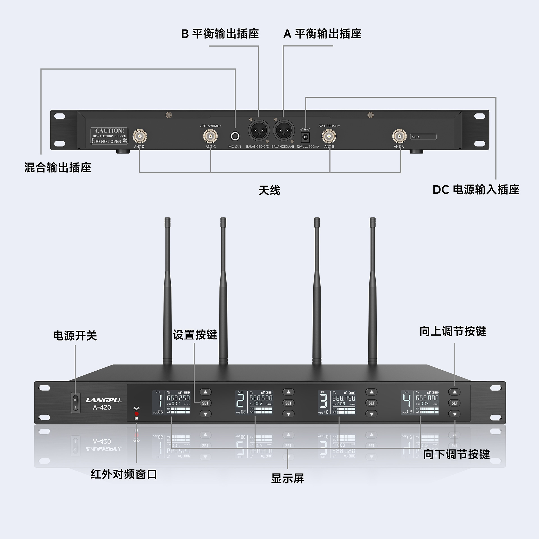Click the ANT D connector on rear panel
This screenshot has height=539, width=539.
click(x=140, y=137)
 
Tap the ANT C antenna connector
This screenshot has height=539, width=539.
click(x=210, y=137)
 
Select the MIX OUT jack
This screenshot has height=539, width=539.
click(x=235, y=136)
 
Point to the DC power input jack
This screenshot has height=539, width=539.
click(x=305, y=137)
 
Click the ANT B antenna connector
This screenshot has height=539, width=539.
click(x=329, y=137)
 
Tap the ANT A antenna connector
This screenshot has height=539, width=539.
click(x=399, y=137)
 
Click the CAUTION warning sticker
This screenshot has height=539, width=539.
click(x=109, y=136)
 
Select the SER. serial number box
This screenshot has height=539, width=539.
click(x=423, y=137)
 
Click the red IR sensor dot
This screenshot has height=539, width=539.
click(x=136, y=414)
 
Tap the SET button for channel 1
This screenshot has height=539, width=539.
click(x=205, y=403)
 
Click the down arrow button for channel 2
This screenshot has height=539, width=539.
click(x=288, y=414)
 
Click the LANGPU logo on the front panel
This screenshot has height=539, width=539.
click(x=103, y=400)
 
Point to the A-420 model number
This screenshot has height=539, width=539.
click(x=102, y=408)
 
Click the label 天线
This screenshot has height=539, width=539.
click(x=269, y=191)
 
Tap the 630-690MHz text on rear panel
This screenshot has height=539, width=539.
click(x=211, y=126)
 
